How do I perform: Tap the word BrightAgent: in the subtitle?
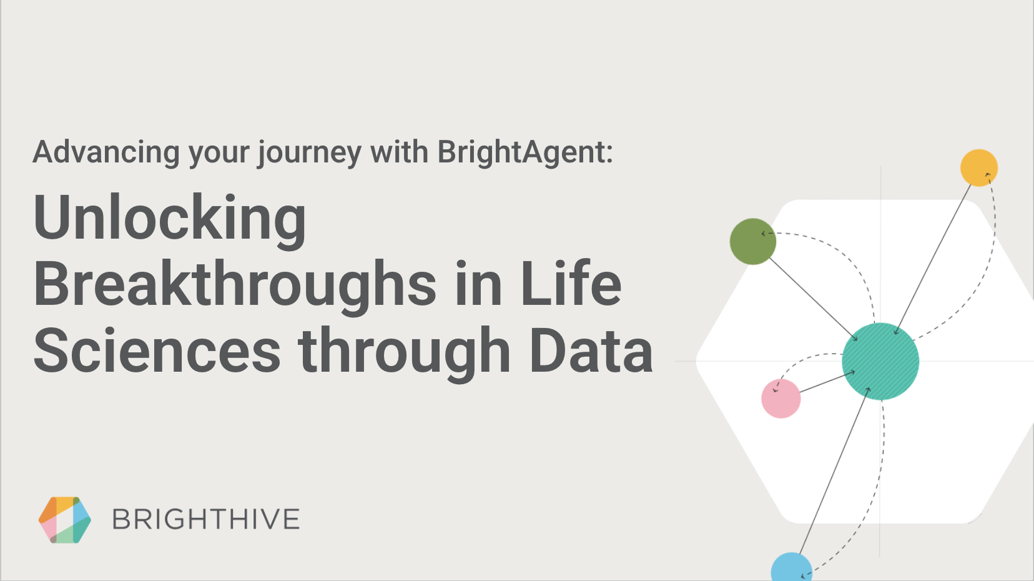pyautogui.click(x=525, y=152)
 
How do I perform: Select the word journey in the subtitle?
pyautogui.click(x=310, y=153)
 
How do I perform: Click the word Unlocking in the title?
pyautogui.click(x=169, y=219)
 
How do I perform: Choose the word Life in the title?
pyautogui.click(x=571, y=282)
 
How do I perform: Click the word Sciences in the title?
pyautogui.click(x=157, y=350)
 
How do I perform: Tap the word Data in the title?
pyautogui.click(x=591, y=350)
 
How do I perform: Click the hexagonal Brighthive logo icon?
pyautogui.click(x=65, y=520)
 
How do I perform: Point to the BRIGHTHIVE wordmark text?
pyautogui.click(x=206, y=519)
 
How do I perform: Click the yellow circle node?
pyautogui.click(x=979, y=167)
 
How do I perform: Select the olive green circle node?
pyautogui.click(x=753, y=242)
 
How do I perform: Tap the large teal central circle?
pyautogui.click(x=880, y=361)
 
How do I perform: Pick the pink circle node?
pyautogui.click(x=781, y=399)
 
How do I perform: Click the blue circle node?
pyautogui.click(x=792, y=567)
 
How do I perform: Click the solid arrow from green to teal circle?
pyautogui.click(x=814, y=300)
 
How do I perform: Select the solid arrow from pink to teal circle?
pyautogui.click(x=827, y=382)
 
